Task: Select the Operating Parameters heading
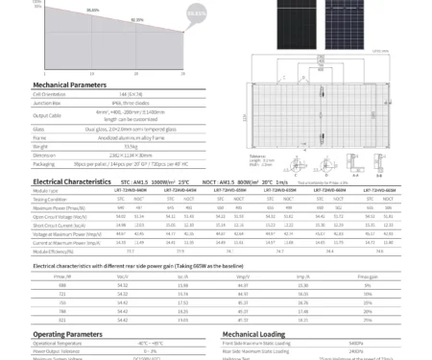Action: (67, 334)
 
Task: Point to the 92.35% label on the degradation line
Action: (137, 19)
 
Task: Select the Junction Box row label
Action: (49, 102)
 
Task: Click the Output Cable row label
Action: (49, 114)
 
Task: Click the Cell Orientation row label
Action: (50, 94)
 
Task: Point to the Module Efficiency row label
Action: (55, 250)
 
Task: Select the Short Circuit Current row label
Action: (57, 225)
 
